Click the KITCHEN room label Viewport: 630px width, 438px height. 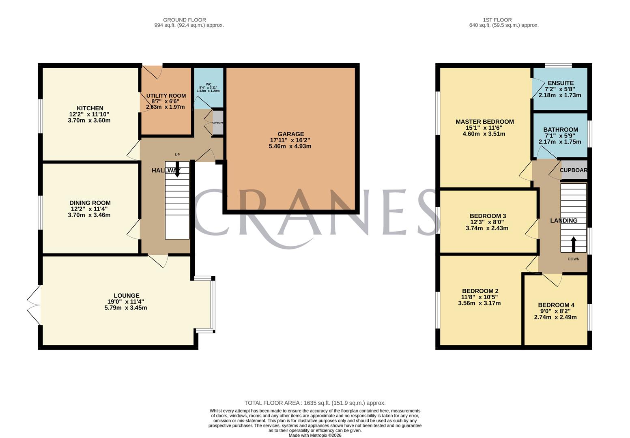tap(90, 108)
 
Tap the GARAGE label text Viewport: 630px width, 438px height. tap(290, 134)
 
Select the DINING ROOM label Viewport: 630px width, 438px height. tap(90, 203)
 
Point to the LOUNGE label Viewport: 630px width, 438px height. tap(126, 296)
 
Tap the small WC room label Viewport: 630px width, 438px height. tap(209, 85)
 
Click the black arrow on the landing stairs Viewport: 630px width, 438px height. tap(573, 245)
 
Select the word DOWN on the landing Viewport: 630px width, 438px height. tap(573, 259)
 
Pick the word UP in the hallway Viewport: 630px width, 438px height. tap(177, 155)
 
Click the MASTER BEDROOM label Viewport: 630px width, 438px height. tap(484, 122)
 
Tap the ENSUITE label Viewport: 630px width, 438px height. tap(560, 83)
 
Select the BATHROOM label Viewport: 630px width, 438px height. tap(561, 130)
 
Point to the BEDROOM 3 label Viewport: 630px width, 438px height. tap(488, 216)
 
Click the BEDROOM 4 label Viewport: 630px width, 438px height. tap(556, 305)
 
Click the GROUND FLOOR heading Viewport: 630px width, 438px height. tap(184, 19)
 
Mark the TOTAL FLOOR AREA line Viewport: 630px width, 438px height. tap(315, 403)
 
